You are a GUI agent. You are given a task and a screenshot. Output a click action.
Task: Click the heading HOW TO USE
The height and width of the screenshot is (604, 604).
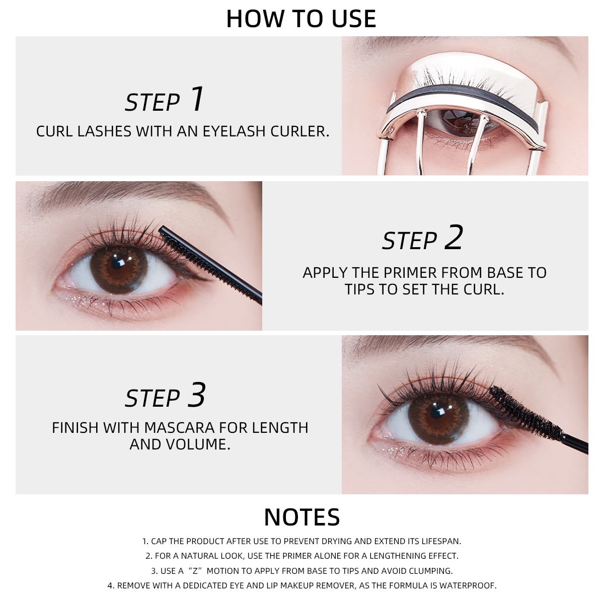tap(301, 19)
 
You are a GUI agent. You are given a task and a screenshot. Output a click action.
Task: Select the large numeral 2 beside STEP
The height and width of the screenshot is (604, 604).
tap(454, 238)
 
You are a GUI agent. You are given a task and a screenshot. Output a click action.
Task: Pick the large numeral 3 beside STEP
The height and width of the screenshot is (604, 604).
tap(197, 395)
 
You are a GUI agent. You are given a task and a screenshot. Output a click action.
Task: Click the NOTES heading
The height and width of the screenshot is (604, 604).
tap(302, 517)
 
